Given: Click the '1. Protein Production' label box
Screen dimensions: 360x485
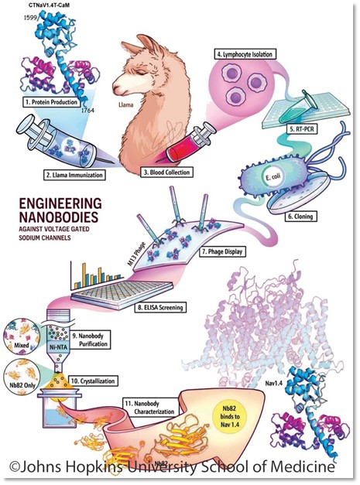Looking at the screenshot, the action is [x=51, y=102].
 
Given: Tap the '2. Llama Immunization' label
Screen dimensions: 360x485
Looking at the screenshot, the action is [x=74, y=175].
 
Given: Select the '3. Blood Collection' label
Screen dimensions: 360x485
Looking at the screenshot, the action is [x=166, y=172].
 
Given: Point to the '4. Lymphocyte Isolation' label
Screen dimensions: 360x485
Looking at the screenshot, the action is [x=245, y=55].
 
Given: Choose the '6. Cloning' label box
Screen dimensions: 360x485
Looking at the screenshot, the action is [x=300, y=217].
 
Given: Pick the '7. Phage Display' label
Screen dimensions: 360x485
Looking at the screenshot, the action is [x=222, y=251].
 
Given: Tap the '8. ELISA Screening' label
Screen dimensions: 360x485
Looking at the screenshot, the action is [x=160, y=307].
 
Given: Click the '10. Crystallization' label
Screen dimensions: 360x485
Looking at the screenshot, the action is [x=93, y=381].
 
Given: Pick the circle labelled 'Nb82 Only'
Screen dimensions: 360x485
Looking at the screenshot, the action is [x=22, y=377].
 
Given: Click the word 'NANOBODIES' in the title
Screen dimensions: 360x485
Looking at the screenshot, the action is [x=59, y=217].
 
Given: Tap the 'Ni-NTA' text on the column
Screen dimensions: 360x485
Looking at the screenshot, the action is [x=58, y=347].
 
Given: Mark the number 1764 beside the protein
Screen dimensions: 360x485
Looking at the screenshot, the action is [x=87, y=111].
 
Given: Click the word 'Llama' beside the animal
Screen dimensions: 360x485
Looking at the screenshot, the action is [x=126, y=104].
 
